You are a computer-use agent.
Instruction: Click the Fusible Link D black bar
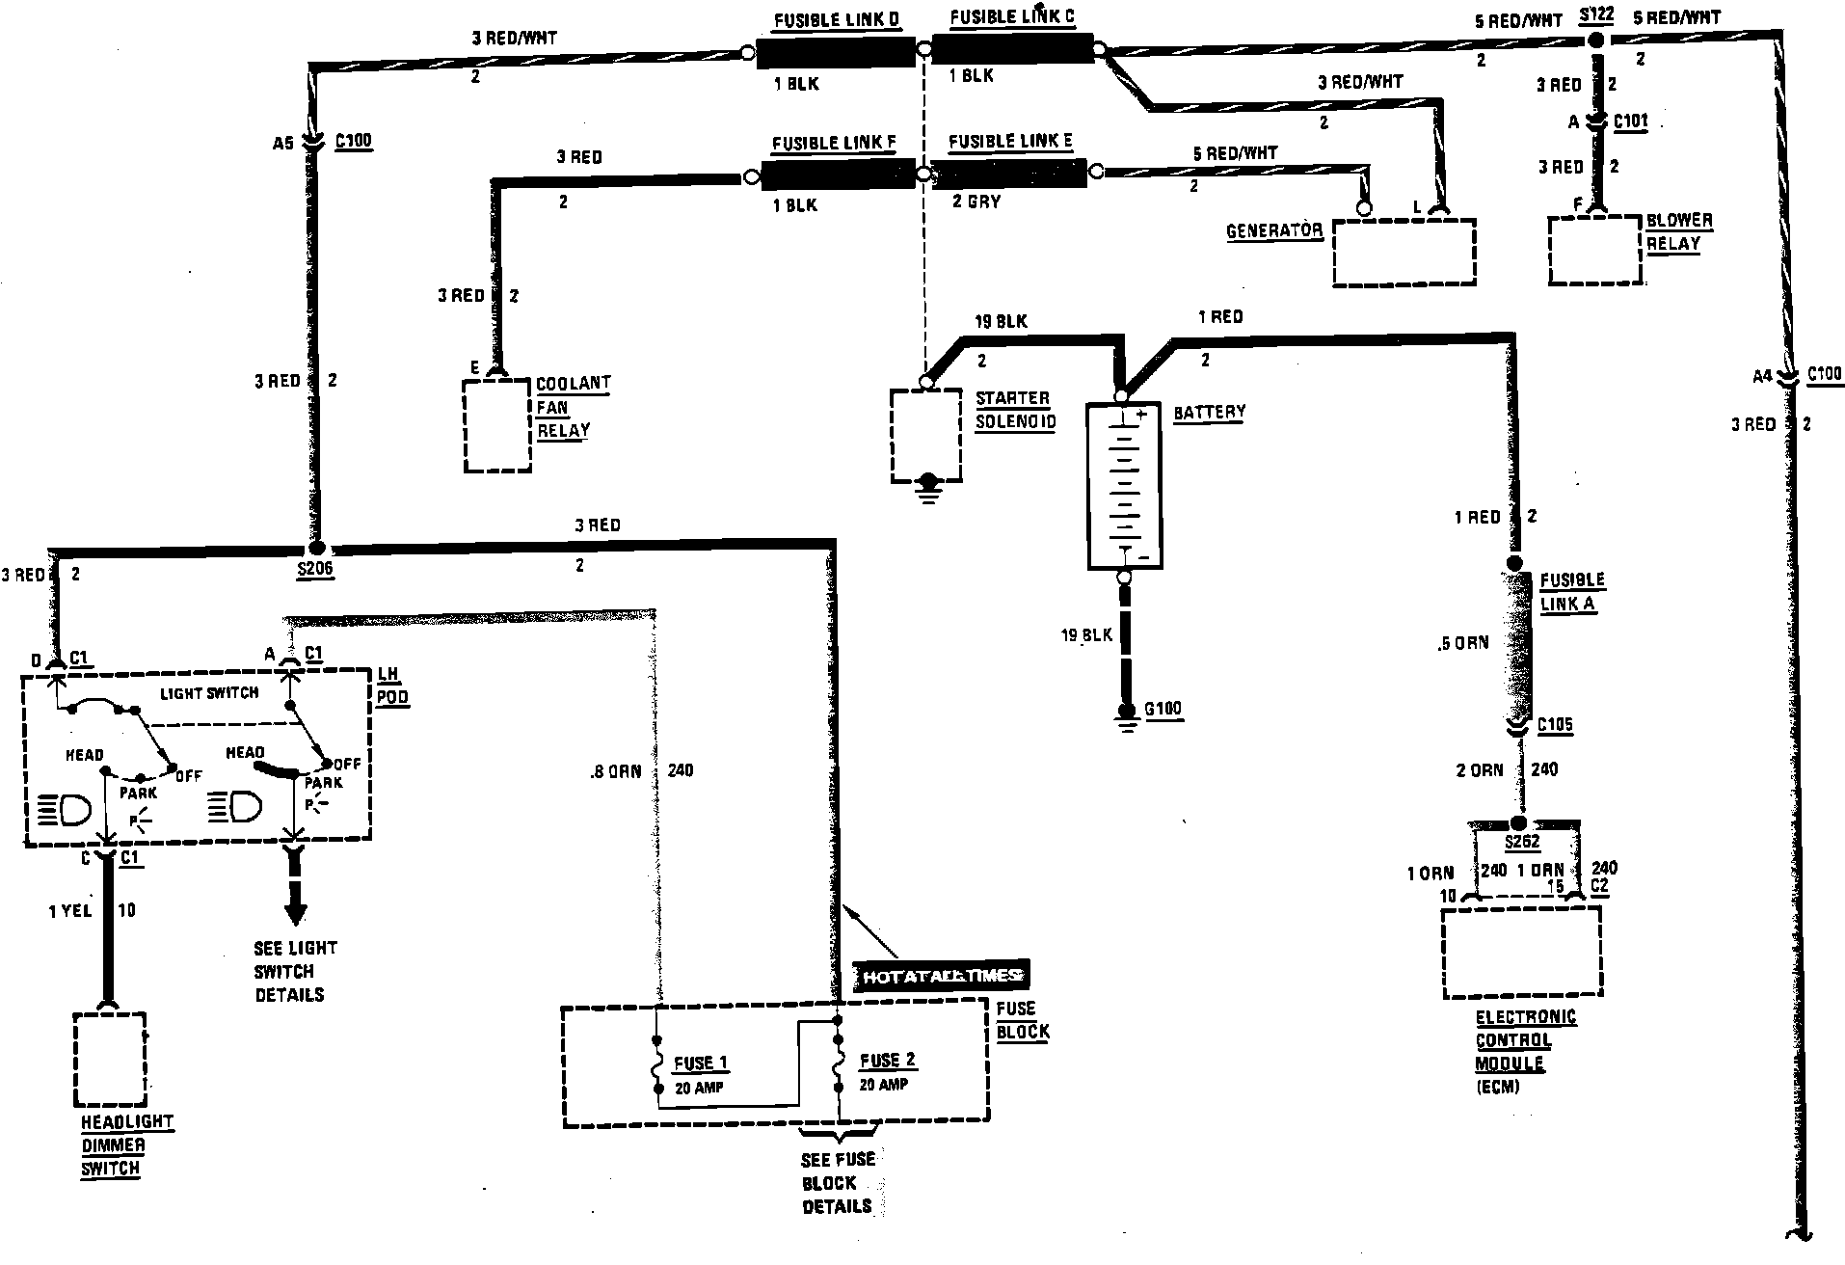click(x=834, y=54)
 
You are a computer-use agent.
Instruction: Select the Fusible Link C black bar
click(x=1011, y=48)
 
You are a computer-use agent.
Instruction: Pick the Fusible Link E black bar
click(x=1007, y=175)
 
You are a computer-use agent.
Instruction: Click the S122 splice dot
click(x=1595, y=40)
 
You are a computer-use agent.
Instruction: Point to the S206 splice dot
click(x=315, y=547)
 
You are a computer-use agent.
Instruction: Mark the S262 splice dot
click(x=1518, y=823)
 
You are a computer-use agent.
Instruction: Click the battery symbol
click(x=1124, y=487)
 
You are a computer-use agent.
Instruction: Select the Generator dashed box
click(x=1404, y=252)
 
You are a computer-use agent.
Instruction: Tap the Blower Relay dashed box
click(x=1594, y=251)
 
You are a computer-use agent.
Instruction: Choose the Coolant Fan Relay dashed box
click(x=497, y=425)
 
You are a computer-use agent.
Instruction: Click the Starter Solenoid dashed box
click(x=925, y=435)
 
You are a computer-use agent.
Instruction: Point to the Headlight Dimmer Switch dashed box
click(x=110, y=1060)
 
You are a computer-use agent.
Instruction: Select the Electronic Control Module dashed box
click(x=1520, y=952)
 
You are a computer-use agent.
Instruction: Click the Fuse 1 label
click(x=700, y=1063)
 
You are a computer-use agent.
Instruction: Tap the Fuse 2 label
click(x=887, y=1061)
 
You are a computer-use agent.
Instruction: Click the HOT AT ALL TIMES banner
click(x=941, y=976)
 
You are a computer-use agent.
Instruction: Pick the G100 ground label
click(x=1163, y=710)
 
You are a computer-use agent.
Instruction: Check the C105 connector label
click(x=1555, y=725)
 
